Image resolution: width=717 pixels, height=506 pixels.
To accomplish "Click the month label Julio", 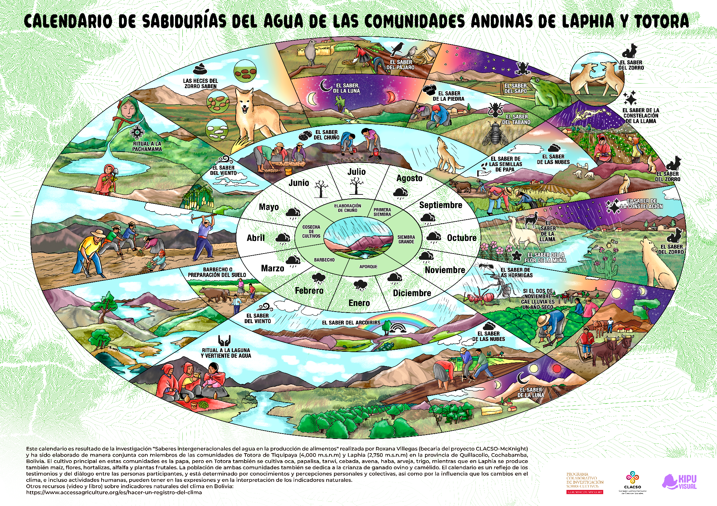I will pyautogui.click(x=356, y=172).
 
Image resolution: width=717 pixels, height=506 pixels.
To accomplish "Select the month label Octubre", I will pyautogui.click(x=461, y=238).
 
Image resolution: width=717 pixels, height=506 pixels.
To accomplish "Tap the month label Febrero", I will pyautogui.click(x=309, y=291).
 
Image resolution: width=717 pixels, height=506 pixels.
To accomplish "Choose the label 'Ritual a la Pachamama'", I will pyautogui.click(x=147, y=146).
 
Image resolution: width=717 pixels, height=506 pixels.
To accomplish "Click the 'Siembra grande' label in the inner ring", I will pyautogui.click(x=406, y=239).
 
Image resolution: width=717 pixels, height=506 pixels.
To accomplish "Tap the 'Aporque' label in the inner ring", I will pyautogui.click(x=368, y=267).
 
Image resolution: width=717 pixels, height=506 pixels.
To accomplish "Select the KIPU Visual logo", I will pyautogui.click(x=679, y=482).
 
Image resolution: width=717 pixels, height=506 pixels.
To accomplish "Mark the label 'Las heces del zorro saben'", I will pyautogui.click(x=200, y=83).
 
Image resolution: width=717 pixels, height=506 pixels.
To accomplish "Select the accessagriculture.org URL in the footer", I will pyautogui.click(x=114, y=492).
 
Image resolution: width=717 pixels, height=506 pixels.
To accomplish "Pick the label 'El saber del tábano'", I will pyautogui.click(x=516, y=119).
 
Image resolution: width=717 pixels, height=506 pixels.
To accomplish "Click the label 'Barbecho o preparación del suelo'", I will pyautogui.click(x=217, y=272).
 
